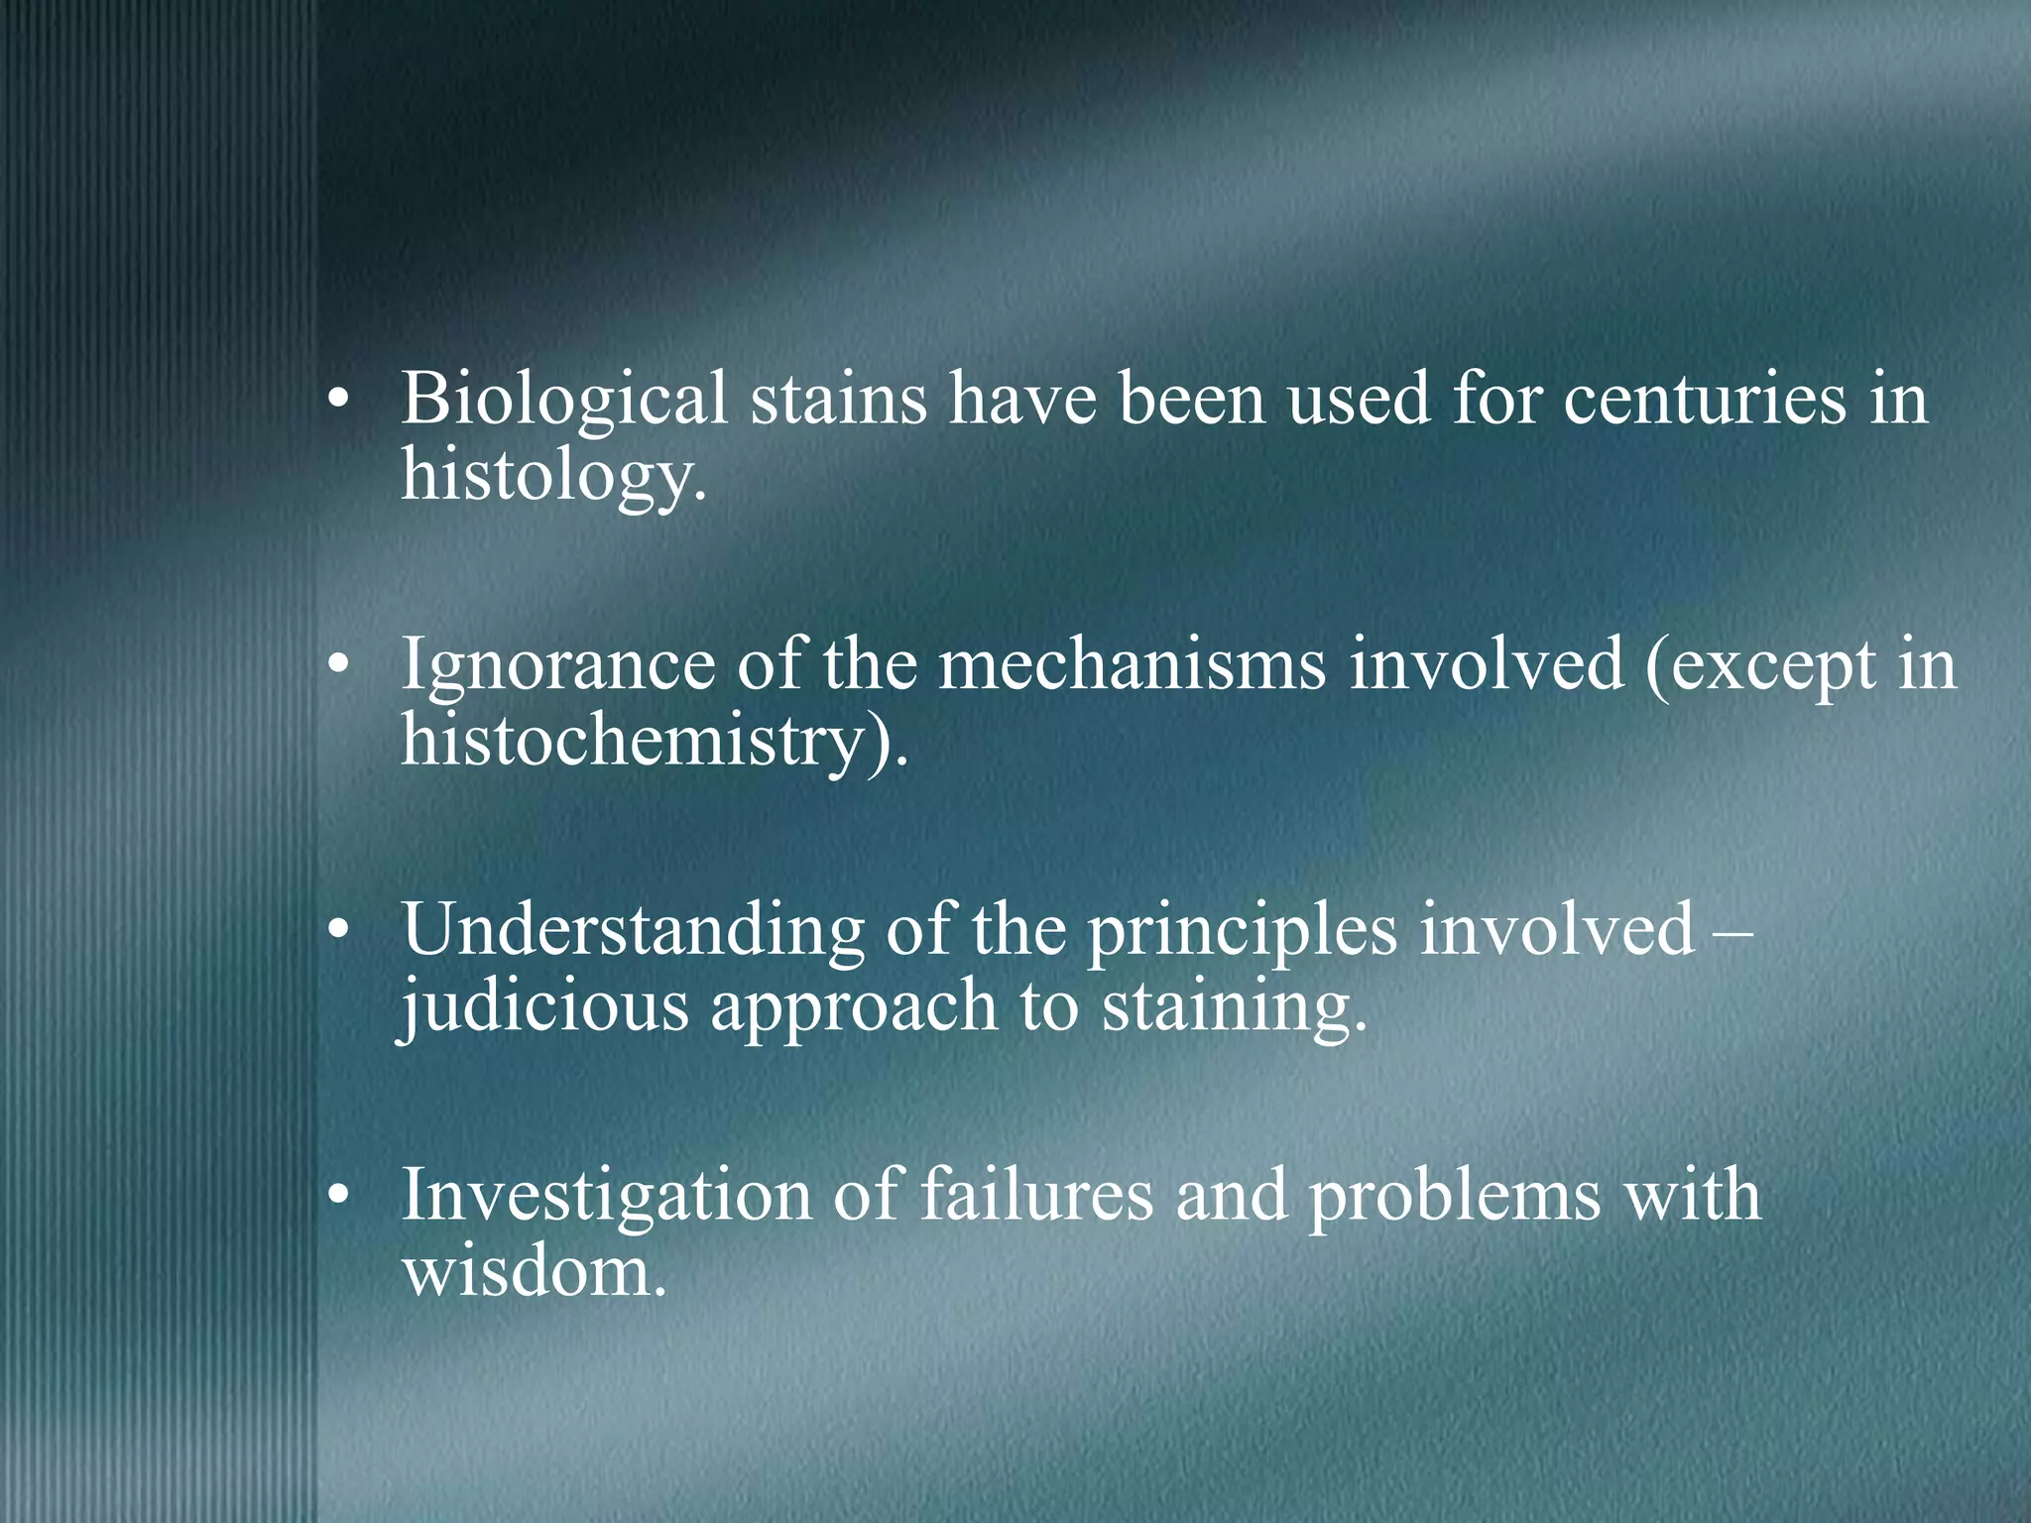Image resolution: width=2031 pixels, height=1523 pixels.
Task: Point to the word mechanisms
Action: (x=1132, y=664)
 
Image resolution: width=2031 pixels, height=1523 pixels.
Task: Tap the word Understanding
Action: (x=633, y=932)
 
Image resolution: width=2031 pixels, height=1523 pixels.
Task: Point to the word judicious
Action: (x=543, y=1007)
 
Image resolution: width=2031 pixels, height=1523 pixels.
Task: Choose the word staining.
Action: (x=1235, y=1007)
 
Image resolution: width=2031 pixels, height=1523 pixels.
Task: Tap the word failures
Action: (x=1036, y=1196)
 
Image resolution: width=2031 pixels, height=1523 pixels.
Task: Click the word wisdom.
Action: (x=534, y=1273)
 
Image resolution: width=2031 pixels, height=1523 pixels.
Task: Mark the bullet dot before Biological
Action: (x=339, y=401)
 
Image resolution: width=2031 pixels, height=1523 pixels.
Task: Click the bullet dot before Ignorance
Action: (x=339, y=666)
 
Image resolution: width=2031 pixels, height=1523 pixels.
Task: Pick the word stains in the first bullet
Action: (x=838, y=399)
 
